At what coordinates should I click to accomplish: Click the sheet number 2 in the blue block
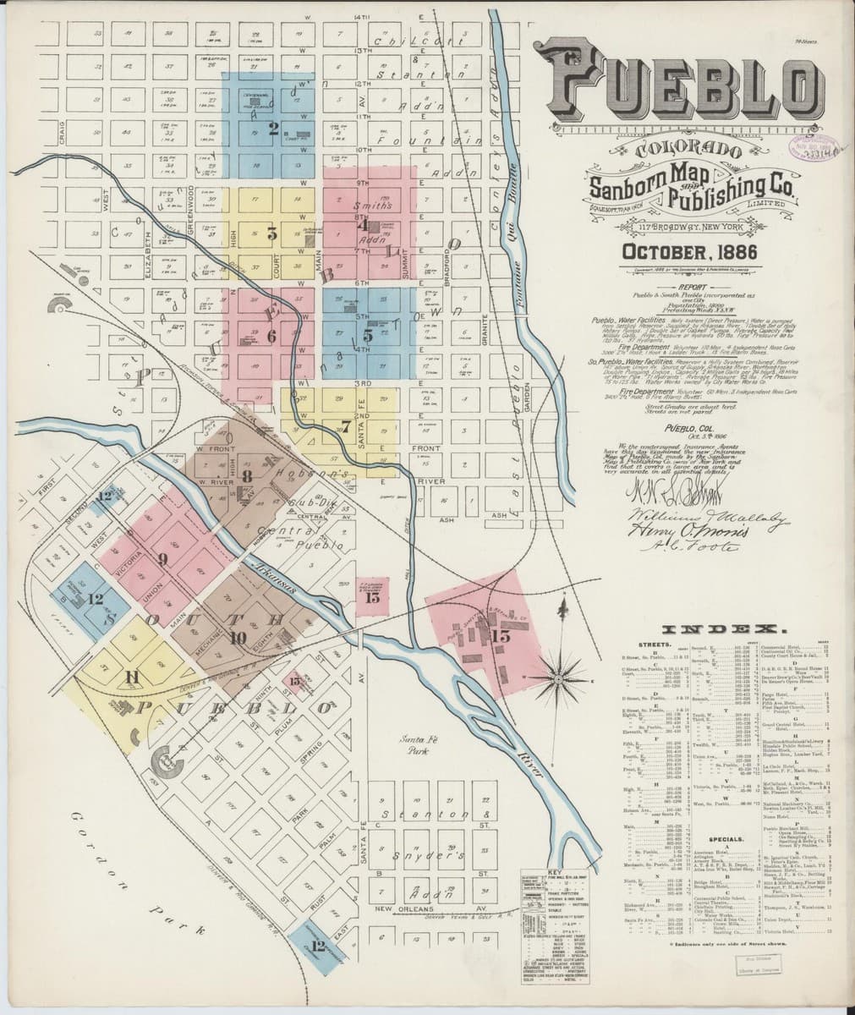(x=272, y=129)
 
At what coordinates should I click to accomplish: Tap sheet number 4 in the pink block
(x=363, y=226)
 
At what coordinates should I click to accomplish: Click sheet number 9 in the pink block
(x=162, y=559)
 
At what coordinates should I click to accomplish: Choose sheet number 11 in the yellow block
(x=131, y=676)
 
